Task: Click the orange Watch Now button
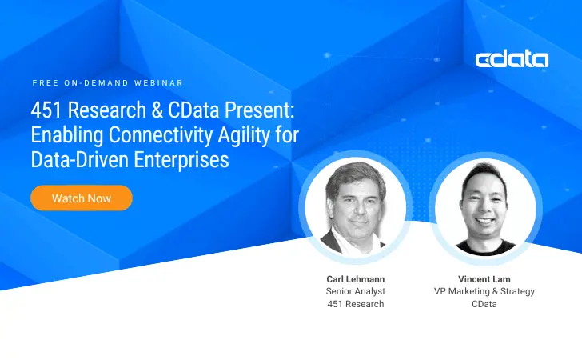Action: coord(82,198)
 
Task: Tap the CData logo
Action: coord(512,59)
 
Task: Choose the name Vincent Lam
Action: coord(485,278)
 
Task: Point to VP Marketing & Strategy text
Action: coord(485,291)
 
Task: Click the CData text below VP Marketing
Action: coord(485,304)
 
